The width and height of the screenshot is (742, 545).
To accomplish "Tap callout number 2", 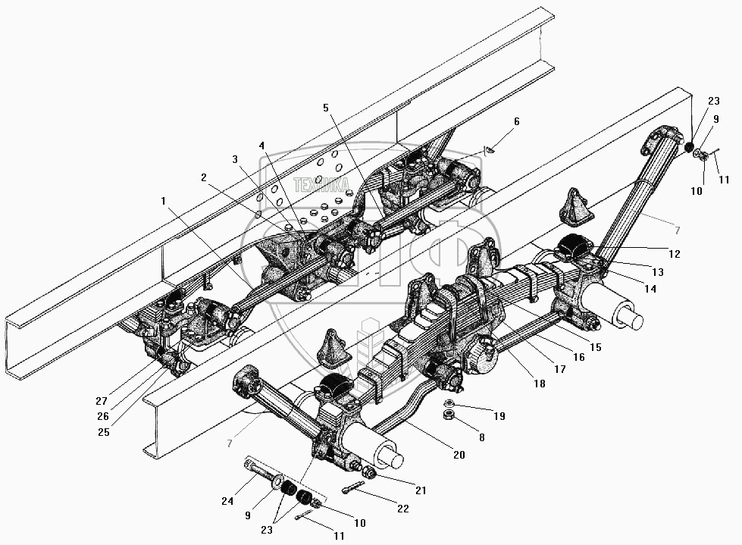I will (x=204, y=177).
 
